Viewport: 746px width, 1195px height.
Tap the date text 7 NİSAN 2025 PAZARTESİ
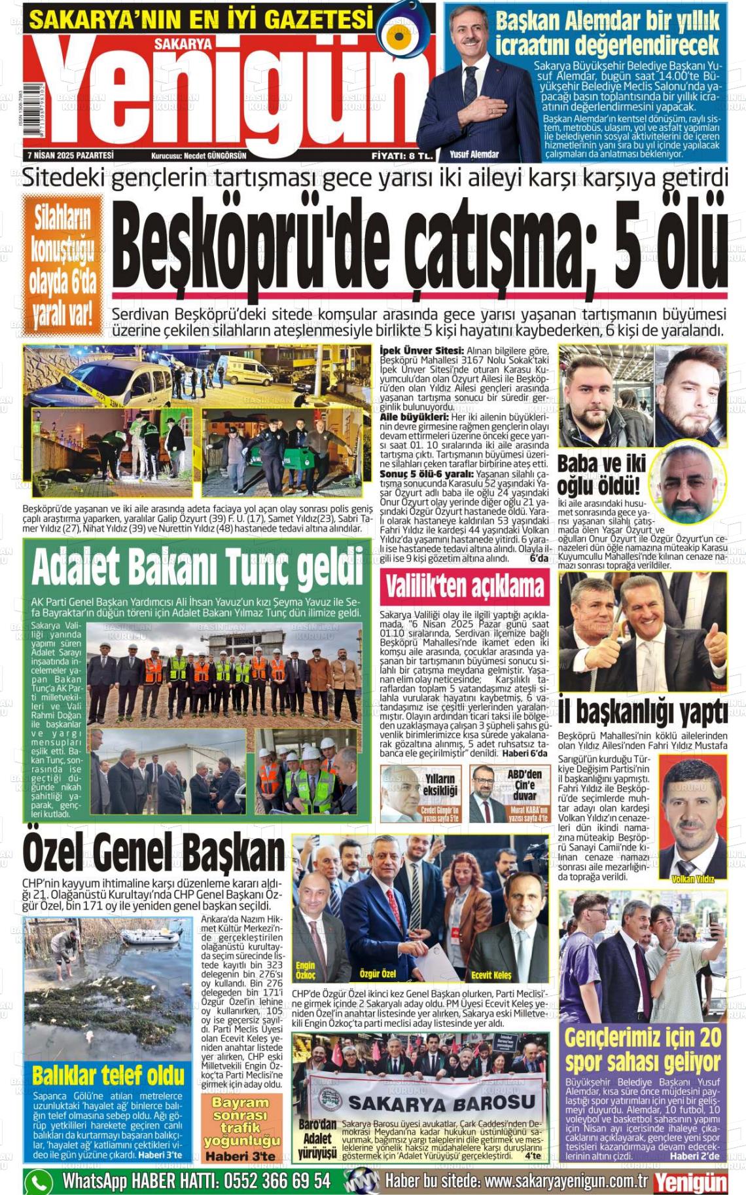pyautogui.click(x=71, y=156)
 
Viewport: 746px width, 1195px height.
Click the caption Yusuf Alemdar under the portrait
pyautogui.click(x=474, y=155)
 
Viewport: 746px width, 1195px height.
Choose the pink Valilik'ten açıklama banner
pyautogui.click(x=465, y=587)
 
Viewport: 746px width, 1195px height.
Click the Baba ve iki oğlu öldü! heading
pyautogui.click(x=601, y=474)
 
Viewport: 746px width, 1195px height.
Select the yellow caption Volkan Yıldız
pyautogui.click(x=692, y=879)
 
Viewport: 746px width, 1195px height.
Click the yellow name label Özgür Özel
pyautogui.click(x=378, y=974)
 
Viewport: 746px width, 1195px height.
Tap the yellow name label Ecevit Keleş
pyautogui.click(x=491, y=975)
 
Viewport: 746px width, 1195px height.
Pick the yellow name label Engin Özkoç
pyautogui.click(x=305, y=970)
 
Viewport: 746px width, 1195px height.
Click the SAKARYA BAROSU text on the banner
pyautogui.click(x=442, y=1101)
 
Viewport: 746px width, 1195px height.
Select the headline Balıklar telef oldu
pyautogui.click(x=108, y=1075)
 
